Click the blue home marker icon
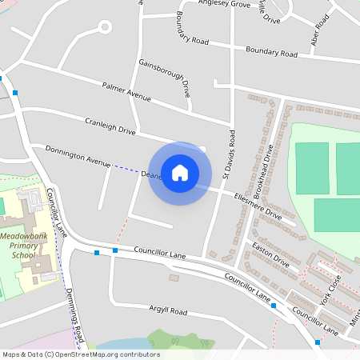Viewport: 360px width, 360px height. pos(180,173)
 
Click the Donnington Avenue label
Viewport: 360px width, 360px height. pos(77,155)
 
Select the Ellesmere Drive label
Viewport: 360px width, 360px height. pos(258,204)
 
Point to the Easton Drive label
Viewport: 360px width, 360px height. pos(270,255)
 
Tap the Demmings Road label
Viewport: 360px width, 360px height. pos(74,311)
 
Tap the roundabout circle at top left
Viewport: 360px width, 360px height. pos(103,27)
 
